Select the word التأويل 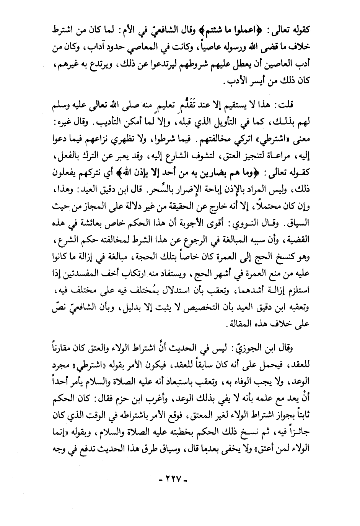click(x=230, y=121)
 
